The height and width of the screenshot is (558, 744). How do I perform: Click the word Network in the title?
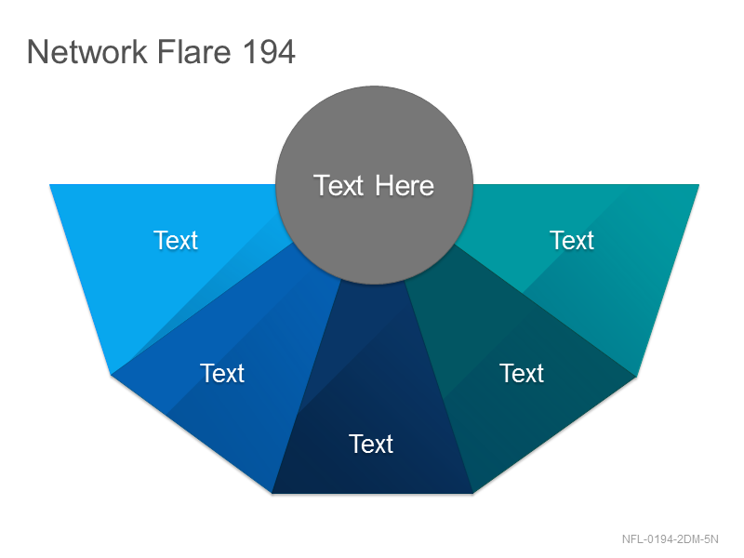click(87, 51)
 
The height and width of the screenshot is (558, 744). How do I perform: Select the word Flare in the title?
click(194, 51)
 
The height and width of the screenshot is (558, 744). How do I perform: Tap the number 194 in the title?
click(269, 52)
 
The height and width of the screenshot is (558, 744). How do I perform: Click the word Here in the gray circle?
click(405, 185)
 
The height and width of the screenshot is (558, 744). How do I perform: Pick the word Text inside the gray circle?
click(339, 185)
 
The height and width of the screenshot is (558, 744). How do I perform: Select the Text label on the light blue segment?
click(176, 240)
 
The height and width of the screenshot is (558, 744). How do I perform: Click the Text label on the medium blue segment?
click(222, 373)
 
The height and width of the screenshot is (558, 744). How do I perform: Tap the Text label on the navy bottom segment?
click(371, 445)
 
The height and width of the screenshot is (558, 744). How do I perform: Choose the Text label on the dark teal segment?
click(522, 373)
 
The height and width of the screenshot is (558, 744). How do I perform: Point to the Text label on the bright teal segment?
click(572, 240)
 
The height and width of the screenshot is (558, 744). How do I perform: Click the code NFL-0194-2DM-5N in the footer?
click(670, 539)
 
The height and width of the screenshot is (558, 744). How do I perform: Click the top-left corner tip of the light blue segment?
click(50, 184)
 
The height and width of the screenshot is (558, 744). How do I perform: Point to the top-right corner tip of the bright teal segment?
click(699, 184)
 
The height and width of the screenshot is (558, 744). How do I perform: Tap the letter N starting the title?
click(36, 52)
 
